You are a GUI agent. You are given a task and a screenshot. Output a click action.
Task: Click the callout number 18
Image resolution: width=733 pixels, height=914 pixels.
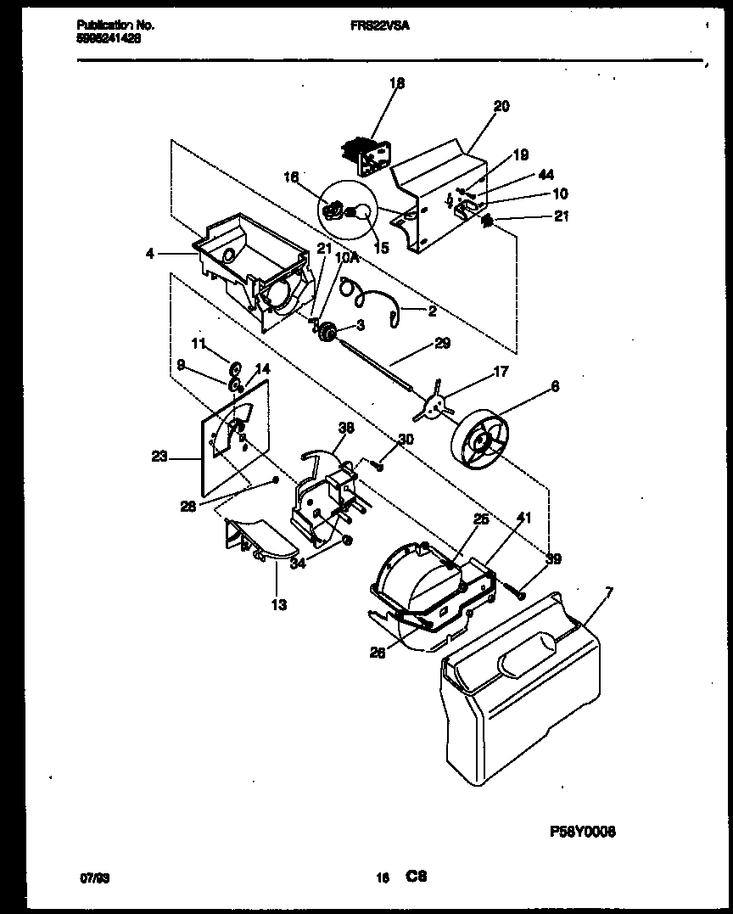pyautogui.click(x=397, y=83)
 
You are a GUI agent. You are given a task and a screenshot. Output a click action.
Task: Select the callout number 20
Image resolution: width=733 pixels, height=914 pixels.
pyautogui.click(x=501, y=106)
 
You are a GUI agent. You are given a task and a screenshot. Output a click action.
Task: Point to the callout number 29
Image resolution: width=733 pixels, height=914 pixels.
pyautogui.click(x=442, y=344)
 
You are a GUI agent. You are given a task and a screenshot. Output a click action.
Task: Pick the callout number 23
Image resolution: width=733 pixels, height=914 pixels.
pyautogui.click(x=159, y=457)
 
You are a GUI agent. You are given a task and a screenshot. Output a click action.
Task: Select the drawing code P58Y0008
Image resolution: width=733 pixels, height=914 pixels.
pyautogui.click(x=583, y=832)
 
